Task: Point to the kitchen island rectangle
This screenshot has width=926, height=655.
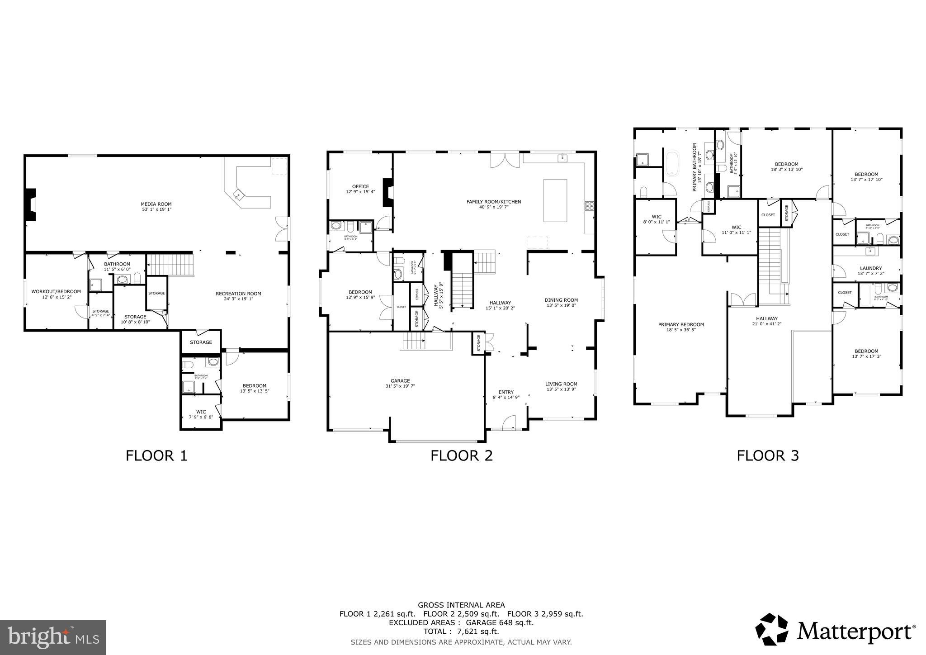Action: pos(555,200)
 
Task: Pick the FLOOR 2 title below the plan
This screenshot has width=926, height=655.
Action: pos(461,455)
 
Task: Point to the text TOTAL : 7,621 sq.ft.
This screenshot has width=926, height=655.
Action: pos(461,631)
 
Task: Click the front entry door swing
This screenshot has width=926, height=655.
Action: pos(509,422)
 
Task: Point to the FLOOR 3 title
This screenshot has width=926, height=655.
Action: pos(767,455)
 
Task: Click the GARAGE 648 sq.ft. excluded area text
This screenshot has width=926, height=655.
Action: pos(501,622)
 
